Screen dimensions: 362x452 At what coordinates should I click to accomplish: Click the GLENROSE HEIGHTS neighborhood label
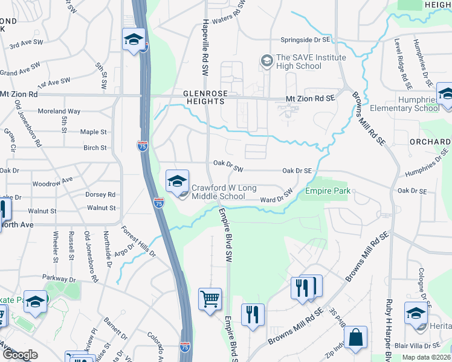pos(204,97)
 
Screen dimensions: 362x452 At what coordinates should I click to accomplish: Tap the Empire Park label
pos(328,191)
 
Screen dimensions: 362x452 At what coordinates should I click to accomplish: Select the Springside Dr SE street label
pos(306,40)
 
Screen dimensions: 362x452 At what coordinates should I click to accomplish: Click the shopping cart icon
pos(210,299)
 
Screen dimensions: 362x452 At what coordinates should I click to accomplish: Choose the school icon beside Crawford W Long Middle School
pos(177,180)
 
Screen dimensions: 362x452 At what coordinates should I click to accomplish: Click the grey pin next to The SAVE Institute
pos(265,61)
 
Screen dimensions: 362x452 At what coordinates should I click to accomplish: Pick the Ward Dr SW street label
pos(276,195)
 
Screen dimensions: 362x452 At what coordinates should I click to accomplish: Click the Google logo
pos(20,355)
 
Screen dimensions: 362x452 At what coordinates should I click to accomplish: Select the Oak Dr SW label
pos(228,162)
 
